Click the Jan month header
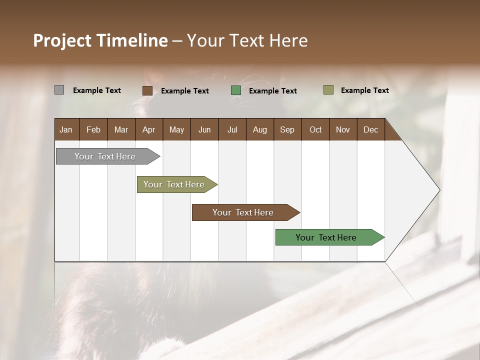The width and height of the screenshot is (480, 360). click(x=66, y=129)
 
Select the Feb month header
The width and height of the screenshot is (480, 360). click(x=93, y=129)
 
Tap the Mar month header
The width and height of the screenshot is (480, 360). click(x=121, y=129)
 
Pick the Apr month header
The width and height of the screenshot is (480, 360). click(x=149, y=129)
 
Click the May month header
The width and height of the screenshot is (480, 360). click(x=176, y=129)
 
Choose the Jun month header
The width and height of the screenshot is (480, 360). click(x=204, y=129)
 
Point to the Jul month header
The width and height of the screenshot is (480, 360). click(x=232, y=129)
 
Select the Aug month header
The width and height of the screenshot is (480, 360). click(x=260, y=129)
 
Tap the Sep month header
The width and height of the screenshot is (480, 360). click(x=287, y=129)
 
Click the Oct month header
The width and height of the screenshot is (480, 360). click(x=315, y=129)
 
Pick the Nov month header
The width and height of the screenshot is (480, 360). click(x=343, y=129)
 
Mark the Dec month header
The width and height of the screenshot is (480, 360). click(x=371, y=129)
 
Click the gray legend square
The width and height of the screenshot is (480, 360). click(x=59, y=90)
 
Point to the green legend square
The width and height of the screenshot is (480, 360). click(x=236, y=90)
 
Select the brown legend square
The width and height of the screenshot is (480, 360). click(x=147, y=90)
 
